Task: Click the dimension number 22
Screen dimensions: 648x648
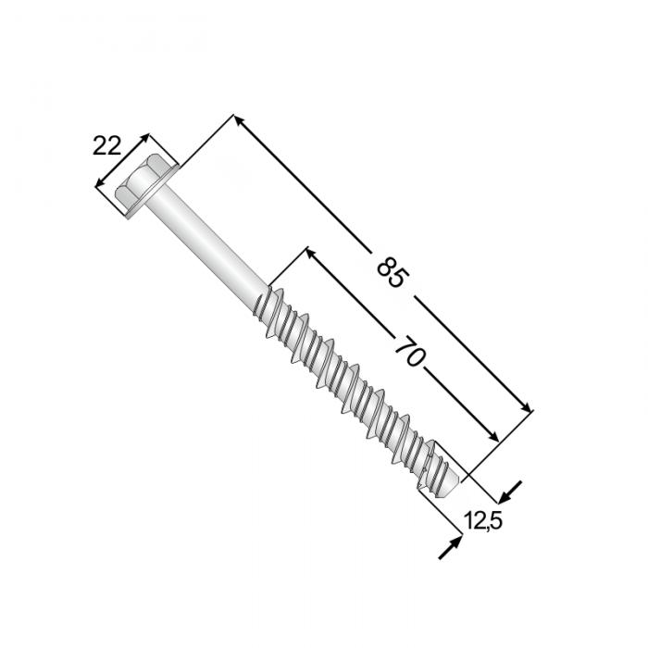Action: (x=106, y=146)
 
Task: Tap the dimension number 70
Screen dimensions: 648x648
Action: (x=409, y=351)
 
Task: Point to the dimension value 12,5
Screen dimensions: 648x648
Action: (x=482, y=520)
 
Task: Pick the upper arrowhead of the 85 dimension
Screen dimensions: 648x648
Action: (x=240, y=120)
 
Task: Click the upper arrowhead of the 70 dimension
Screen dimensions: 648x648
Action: (x=312, y=254)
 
